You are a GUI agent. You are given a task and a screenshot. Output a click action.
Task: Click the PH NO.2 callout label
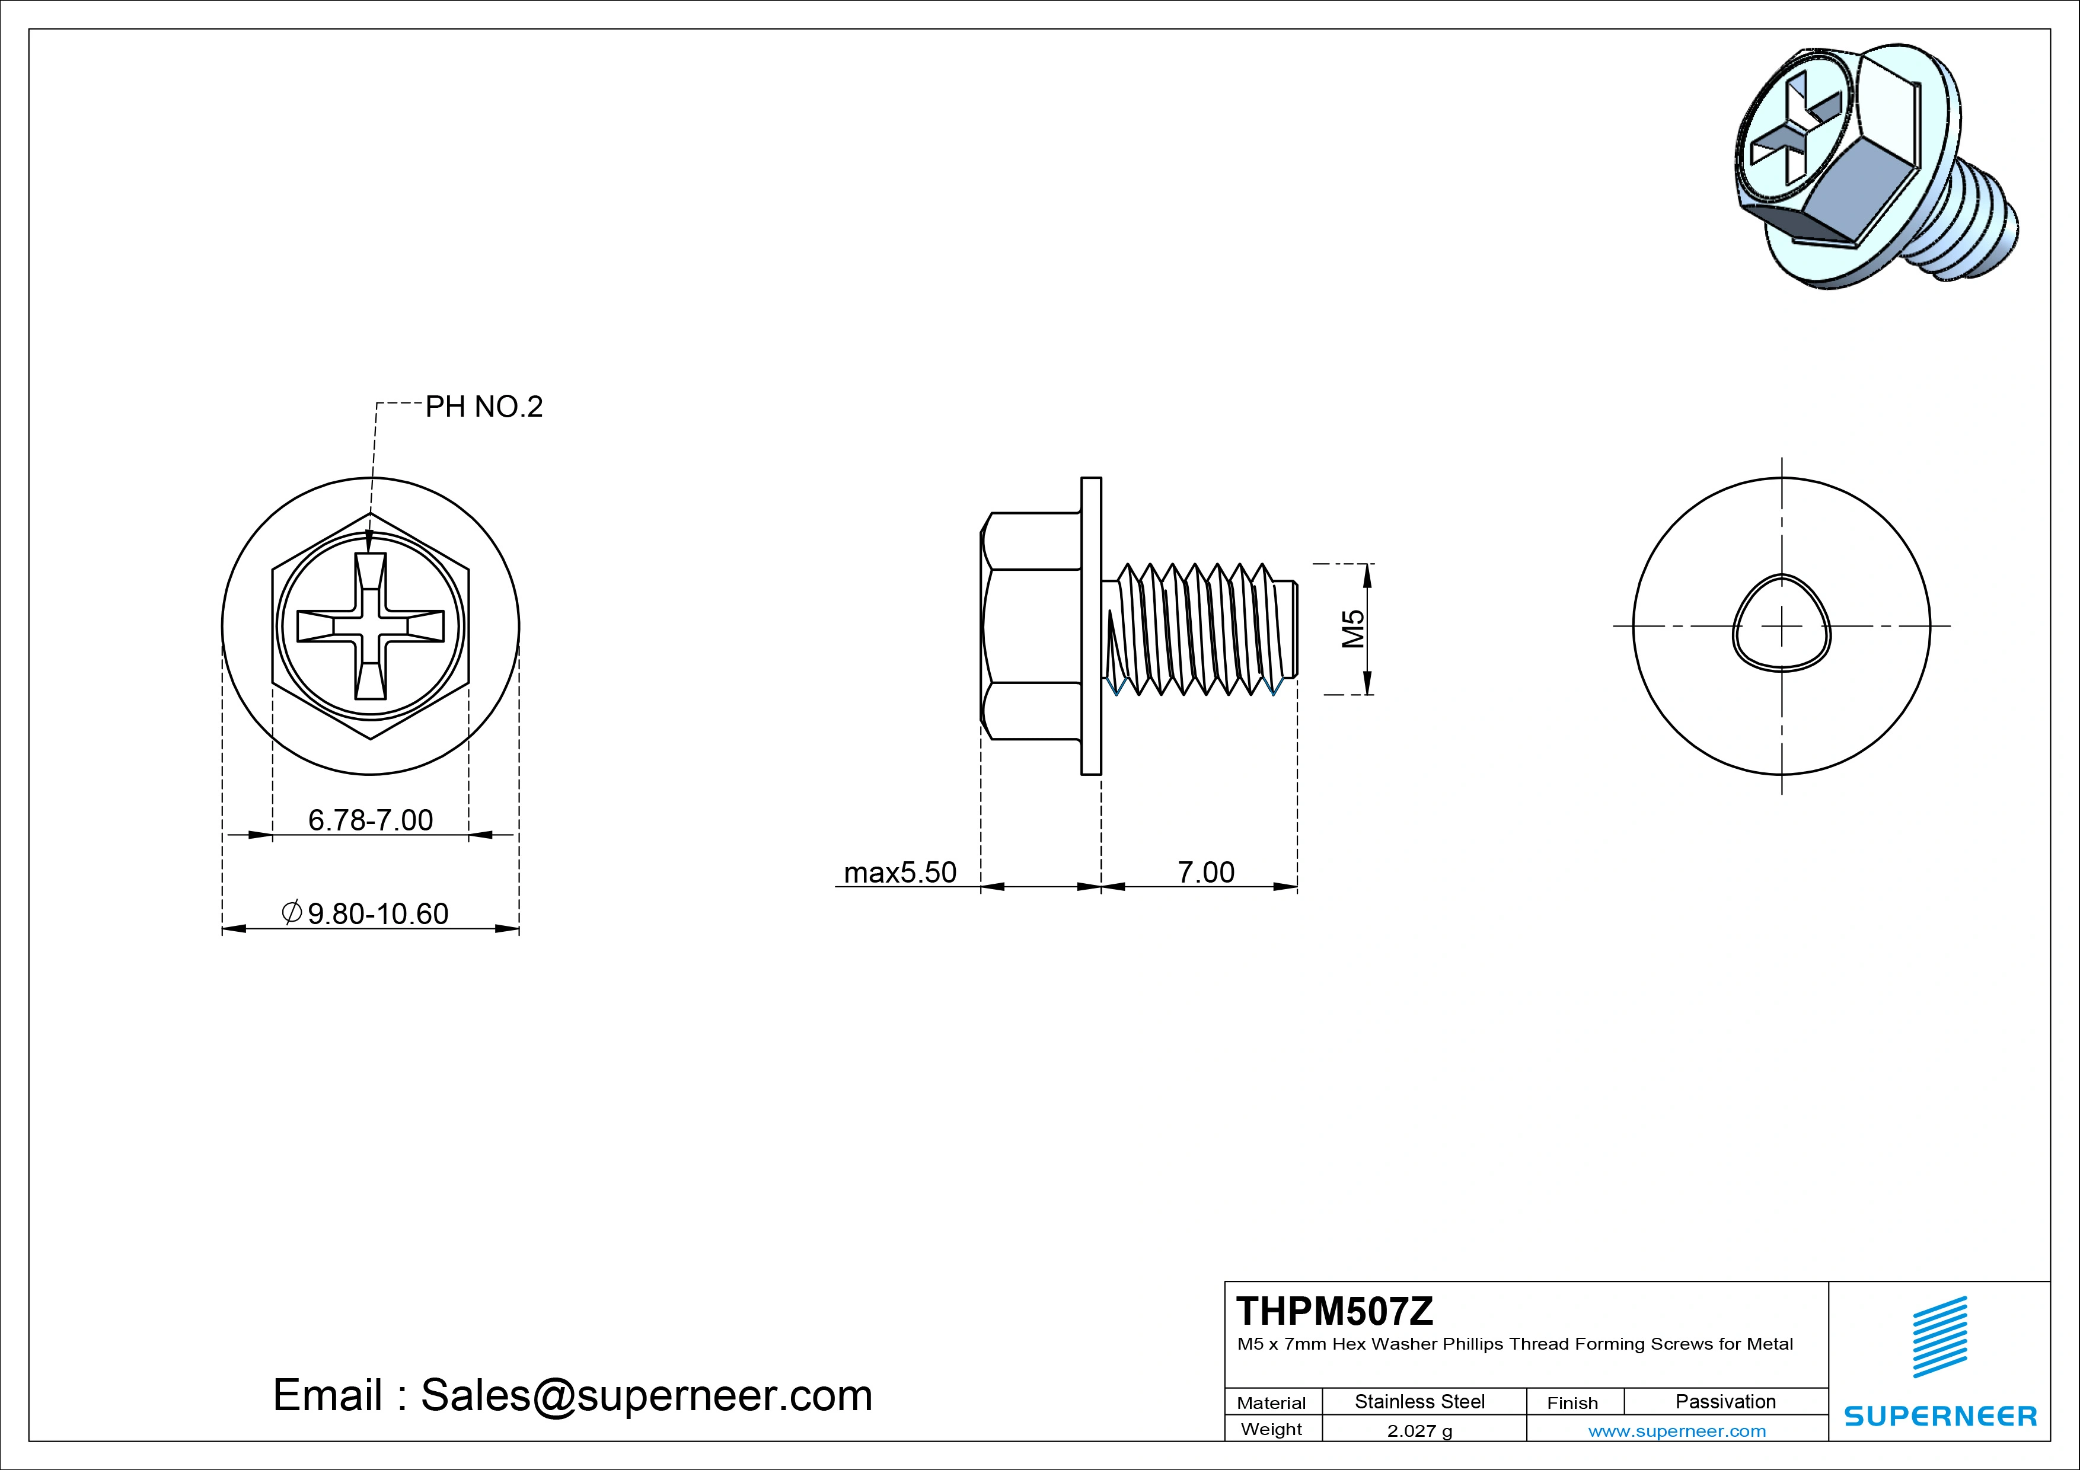(484, 408)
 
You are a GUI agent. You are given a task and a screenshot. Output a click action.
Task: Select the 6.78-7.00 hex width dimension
(371, 820)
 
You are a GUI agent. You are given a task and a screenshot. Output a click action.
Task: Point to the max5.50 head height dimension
(899, 872)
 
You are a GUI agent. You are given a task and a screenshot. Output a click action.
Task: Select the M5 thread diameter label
(1352, 628)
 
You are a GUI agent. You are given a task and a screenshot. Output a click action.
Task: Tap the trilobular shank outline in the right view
(1782, 625)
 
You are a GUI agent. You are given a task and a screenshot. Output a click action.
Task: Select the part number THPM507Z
(1335, 1312)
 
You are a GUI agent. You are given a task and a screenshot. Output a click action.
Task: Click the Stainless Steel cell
(1419, 1401)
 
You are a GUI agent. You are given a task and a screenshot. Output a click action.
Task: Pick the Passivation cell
(1725, 1401)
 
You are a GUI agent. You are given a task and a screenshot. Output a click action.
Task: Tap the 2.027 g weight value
(1419, 1431)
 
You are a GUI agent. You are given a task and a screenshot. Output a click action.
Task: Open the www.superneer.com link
(1677, 1431)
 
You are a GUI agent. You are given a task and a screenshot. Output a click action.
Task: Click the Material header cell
(1271, 1403)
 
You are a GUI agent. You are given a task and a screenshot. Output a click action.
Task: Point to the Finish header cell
(1572, 1403)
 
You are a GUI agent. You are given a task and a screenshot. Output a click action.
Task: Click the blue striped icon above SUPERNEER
(1939, 1337)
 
